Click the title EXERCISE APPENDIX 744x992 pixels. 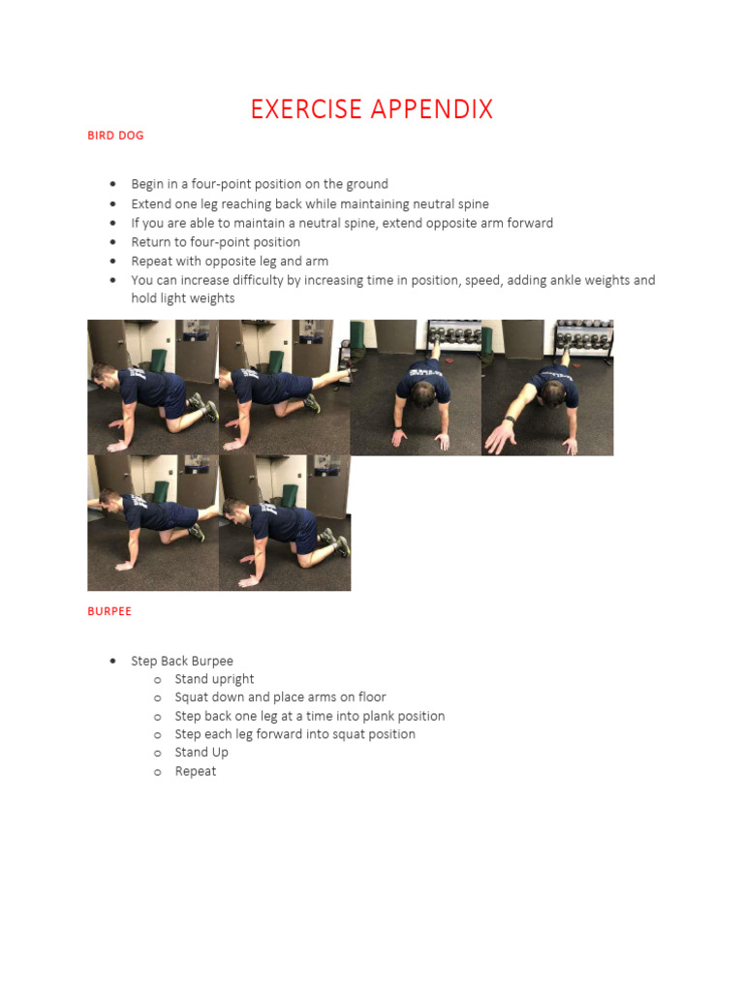point(371,109)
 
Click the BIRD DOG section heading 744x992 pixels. point(115,136)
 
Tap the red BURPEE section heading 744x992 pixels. point(109,611)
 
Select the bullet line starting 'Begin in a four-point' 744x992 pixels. point(260,184)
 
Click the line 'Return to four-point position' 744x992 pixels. point(215,242)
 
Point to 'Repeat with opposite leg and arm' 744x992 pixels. point(230,262)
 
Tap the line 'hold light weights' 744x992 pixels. point(183,298)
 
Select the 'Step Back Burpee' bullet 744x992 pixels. point(182,661)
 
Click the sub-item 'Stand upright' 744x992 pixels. point(214,679)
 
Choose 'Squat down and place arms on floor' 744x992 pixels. point(280,697)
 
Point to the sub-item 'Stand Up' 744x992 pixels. point(201,753)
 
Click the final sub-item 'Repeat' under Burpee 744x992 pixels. point(196,771)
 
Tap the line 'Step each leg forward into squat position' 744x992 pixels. point(294,734)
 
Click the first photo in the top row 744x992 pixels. point(153,387)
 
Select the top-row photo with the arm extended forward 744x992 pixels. point(547,387)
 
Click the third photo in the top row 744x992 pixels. point(416,387)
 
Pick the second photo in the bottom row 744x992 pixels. point(285,523)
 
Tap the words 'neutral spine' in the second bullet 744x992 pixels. point(450,204)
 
